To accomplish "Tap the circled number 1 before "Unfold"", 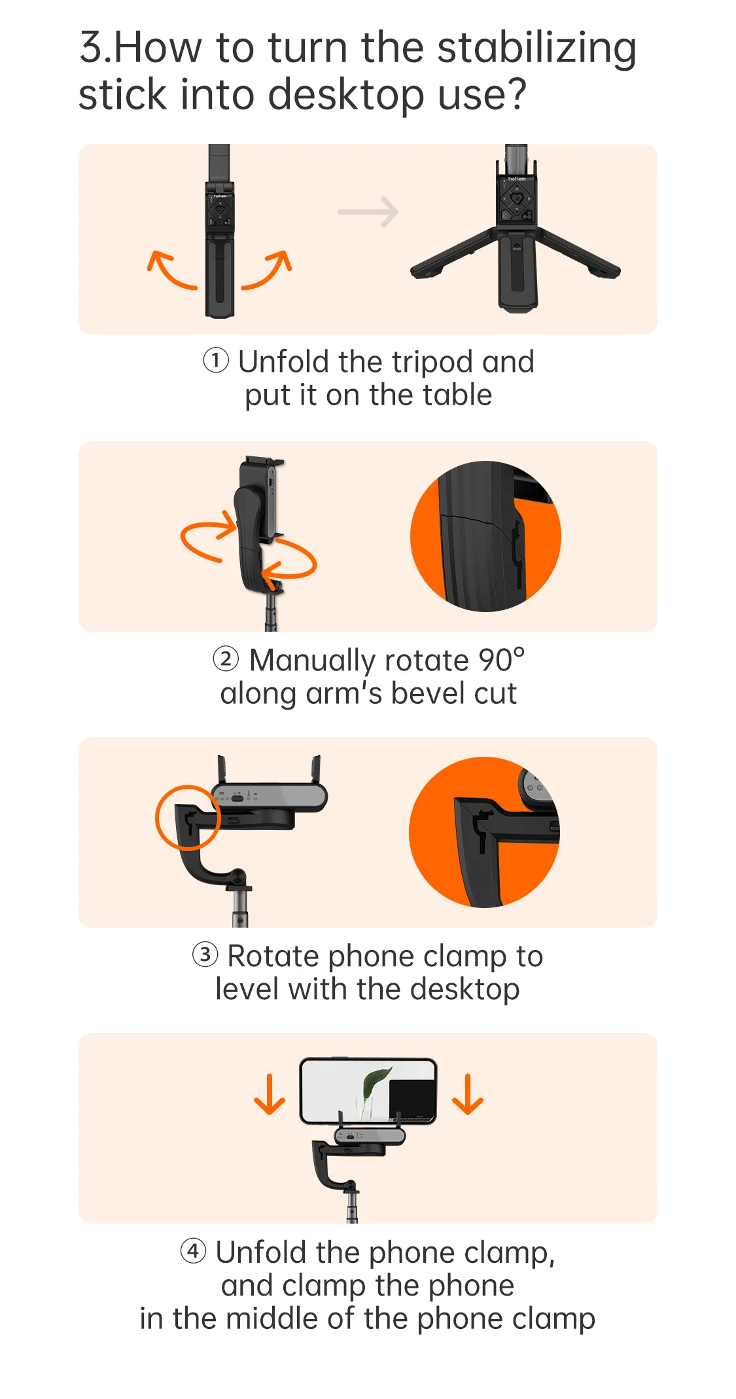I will [x=216, y=360].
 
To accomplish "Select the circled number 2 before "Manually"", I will [x=226, y=659].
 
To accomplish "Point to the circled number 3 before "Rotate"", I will [x=205, y=954].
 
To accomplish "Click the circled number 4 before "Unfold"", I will [x=193, y=1251].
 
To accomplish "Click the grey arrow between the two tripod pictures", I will [x=368, y=212].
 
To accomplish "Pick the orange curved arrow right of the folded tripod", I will [x=268, y=270].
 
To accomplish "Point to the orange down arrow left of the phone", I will [x=270, y=1095].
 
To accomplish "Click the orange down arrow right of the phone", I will [x=468, y=1095].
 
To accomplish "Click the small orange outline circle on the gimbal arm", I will [x=188, y=818].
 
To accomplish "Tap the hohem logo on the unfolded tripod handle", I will [x=517, y=179].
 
